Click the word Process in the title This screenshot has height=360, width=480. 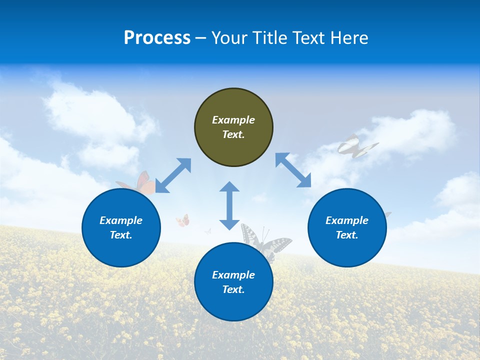coord(157,38)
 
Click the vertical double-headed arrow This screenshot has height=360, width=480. coord(229,205)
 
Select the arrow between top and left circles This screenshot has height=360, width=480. coord(173,175)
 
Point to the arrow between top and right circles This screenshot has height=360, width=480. coord(293,170)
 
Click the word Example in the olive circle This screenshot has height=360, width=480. coord(233,120)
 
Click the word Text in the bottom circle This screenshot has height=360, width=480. coord(233,289)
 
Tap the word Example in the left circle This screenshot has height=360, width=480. coord(121,220)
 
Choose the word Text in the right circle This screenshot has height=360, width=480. coord(347,235)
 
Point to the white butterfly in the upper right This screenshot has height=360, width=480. coord(355,146)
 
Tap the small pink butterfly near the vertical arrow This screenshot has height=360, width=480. coord(183,220)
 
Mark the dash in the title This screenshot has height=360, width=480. coord(201,38)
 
